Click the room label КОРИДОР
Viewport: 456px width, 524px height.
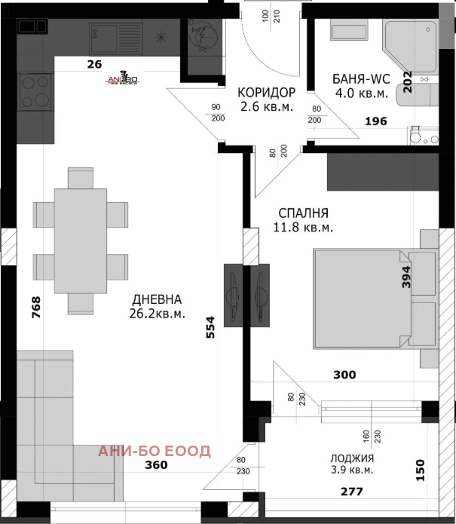point(266,92)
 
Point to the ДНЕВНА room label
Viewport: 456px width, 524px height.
point(157,299)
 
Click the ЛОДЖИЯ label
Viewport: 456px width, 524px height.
point(353,458)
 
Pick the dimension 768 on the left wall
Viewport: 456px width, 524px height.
point(35,308)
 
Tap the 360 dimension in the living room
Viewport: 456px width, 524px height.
point(156,465)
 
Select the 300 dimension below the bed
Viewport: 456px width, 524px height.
point(345,374)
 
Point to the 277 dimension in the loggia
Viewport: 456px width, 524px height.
point(351,492)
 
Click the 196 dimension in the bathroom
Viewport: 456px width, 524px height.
point(377,121)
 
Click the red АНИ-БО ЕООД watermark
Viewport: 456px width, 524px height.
point(155,451)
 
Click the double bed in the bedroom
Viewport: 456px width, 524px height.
point(372,299)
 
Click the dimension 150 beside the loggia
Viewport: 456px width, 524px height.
point(420,470)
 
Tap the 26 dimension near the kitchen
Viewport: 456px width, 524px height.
point(94,64)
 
